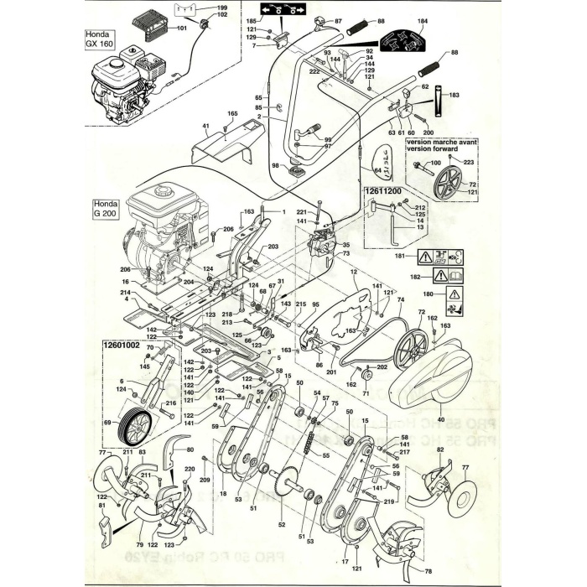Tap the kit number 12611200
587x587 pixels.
384,191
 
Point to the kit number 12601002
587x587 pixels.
120,343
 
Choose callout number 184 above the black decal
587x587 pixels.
422,20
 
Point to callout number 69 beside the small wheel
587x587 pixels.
106,423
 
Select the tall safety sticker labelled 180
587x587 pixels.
454,295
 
